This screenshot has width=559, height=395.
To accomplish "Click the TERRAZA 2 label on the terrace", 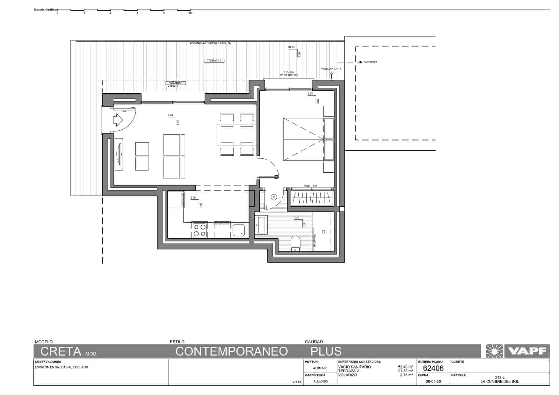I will click(214, 60).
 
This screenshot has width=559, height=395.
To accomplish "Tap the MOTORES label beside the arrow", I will click(370, 62).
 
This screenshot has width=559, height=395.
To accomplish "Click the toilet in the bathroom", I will click(295, 243).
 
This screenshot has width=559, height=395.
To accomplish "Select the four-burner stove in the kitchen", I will click(199, 230).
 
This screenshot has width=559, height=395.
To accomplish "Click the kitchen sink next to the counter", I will click(239, 230).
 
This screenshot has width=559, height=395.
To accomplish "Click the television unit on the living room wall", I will click(119, 154).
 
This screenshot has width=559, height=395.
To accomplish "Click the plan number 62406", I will click(433, 368).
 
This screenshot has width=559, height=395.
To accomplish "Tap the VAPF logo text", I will click(527, 351).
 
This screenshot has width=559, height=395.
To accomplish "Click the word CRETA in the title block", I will click(61, 351).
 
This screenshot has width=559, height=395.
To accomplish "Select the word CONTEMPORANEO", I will click(232, 351).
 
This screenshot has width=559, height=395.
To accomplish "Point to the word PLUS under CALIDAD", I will click(326, 351).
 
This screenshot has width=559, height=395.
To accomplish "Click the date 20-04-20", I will click(433, 382).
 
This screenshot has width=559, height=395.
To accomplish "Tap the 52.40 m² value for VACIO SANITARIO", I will click(405, 367).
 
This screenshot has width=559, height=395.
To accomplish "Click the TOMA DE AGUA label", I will click(331, 69).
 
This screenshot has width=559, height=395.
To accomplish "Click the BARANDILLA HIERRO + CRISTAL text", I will click(210, 43).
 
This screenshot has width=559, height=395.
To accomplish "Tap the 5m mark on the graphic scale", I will click(190, 13).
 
